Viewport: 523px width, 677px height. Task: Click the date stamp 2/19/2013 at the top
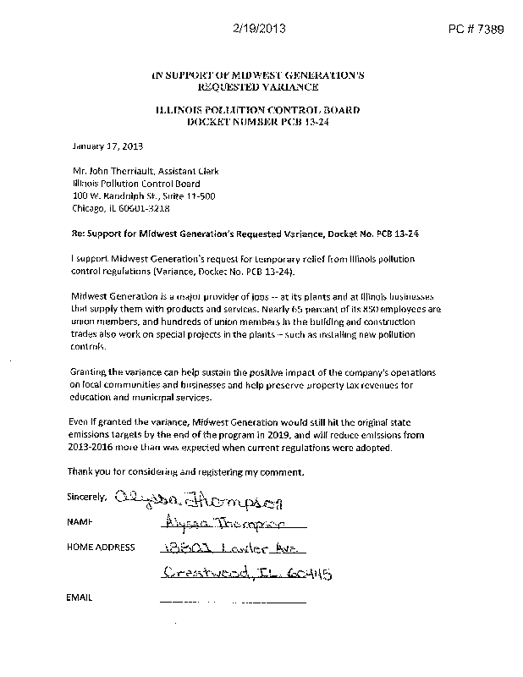[258, 28]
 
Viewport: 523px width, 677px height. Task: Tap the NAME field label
[79, 524]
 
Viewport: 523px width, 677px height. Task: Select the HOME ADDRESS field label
[100, 548]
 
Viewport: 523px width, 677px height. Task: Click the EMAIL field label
[79, 598]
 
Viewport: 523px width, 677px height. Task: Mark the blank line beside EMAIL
[232, 601]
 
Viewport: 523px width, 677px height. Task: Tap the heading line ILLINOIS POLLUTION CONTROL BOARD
[257, 111]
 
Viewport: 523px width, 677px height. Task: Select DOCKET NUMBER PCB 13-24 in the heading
[257, 123]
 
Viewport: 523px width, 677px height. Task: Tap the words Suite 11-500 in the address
[193, 195]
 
